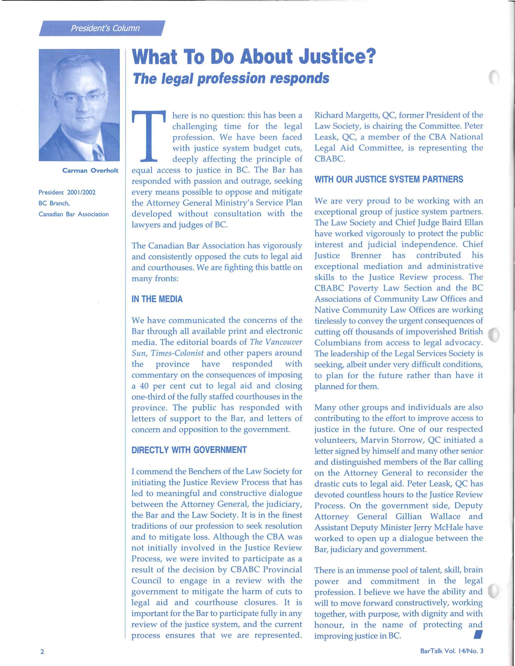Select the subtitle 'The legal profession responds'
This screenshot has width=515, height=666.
pyautogui.click(x=231, y=78)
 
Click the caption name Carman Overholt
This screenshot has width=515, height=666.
pyautogui.click(x=90, y=171)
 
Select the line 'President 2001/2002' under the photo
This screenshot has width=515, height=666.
pyautogui.click(x=67, y=193)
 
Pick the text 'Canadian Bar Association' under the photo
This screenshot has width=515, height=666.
pyautogui.click(x=74, y=214)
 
